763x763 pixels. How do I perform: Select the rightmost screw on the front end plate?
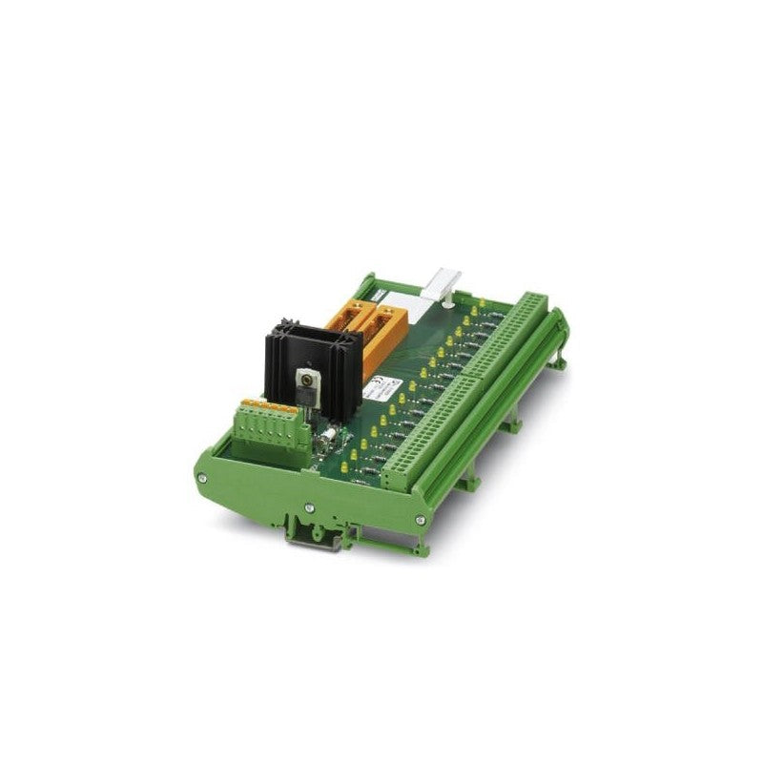click(x=421, y=519)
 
